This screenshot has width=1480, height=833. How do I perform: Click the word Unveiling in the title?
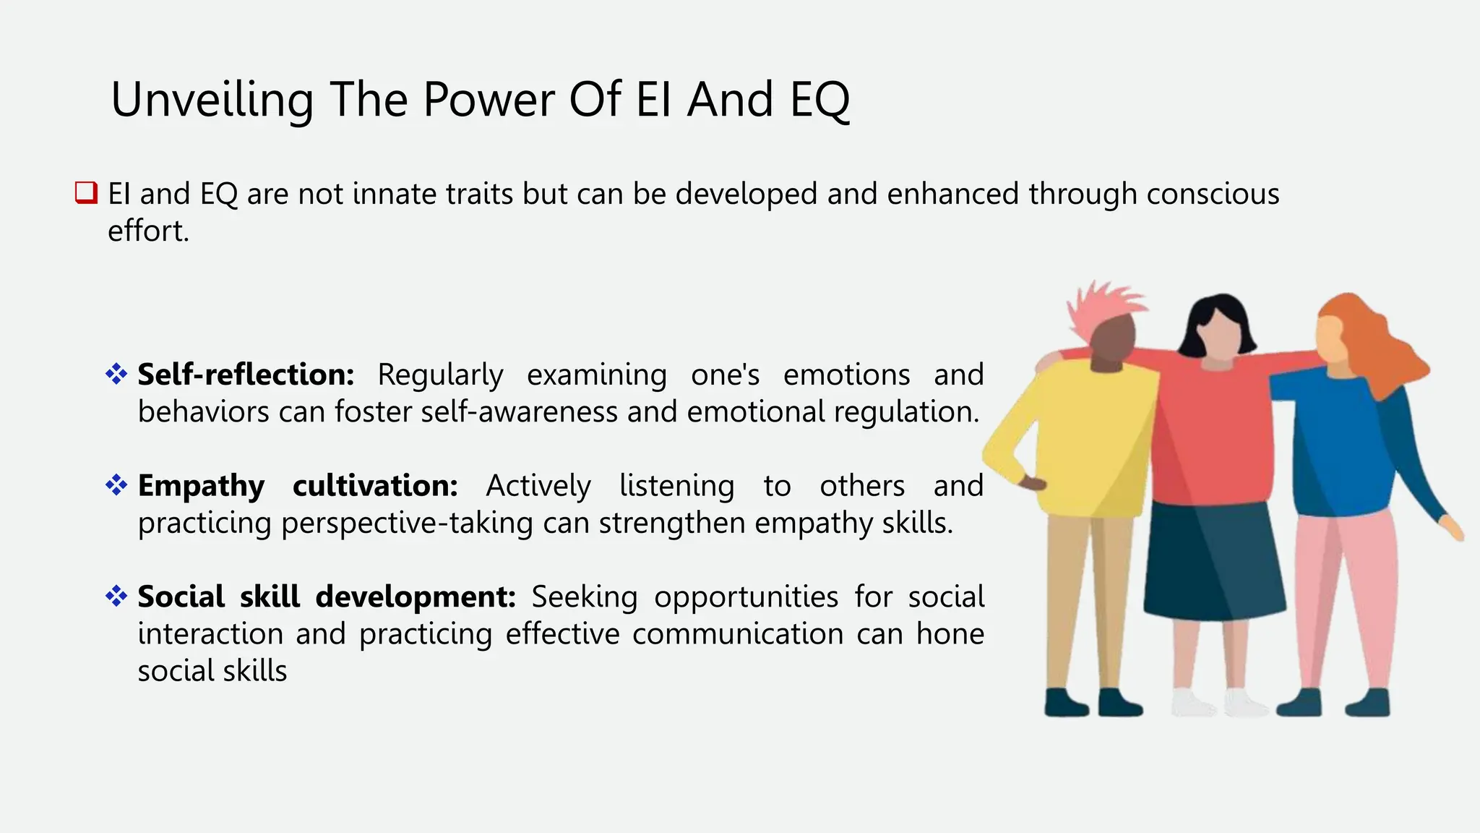(x=212, y=100)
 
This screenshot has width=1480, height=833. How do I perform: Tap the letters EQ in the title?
(x=819, y=100)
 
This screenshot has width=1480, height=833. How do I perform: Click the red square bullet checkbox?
(x=86, y=193)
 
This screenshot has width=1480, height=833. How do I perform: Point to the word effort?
(x=148, y=231)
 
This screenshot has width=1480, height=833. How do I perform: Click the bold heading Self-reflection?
(x=246, y=375)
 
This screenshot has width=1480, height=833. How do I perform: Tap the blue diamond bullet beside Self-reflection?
(x=116, y=374)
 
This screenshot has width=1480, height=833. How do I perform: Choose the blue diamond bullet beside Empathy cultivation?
(x=116, y=485)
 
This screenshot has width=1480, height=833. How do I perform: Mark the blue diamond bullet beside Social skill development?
(x=116, y=597)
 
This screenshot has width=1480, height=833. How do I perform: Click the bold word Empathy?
(x=201, y=486)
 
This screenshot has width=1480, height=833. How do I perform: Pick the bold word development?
(x=416, y=597)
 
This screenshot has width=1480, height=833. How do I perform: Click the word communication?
(x=737, y=634)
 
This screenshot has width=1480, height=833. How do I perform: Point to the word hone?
(x=950, y=634)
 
